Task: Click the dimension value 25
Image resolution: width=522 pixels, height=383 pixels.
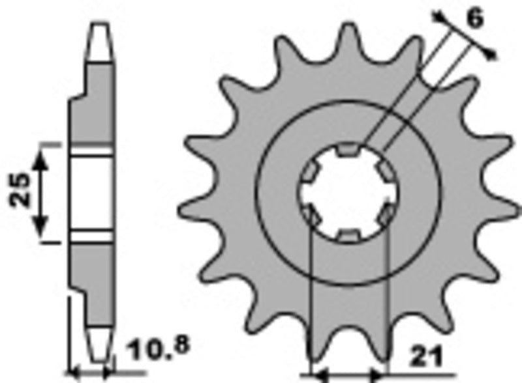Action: tap(19, 190)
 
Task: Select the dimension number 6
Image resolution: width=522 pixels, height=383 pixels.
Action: tap(475, 20)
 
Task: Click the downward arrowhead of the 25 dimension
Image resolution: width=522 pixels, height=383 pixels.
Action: tap(40, 228)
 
